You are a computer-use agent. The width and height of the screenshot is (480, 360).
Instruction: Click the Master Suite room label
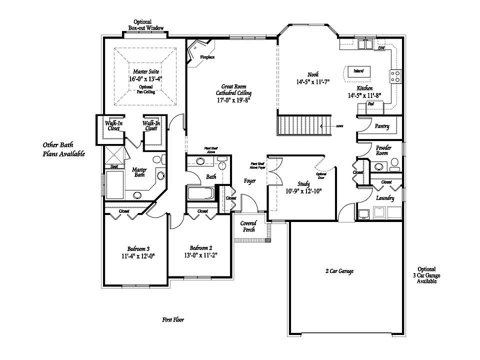click(x=144, y=71)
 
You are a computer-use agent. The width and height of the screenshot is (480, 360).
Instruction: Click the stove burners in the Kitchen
click(x=395, y=76)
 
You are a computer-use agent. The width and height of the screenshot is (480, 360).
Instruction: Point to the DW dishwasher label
click(x=381, y=48)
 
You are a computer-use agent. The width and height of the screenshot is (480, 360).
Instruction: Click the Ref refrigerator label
click(x=371, y=104)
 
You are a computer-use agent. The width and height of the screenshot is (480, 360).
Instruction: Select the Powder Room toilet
click(x=394, y=162)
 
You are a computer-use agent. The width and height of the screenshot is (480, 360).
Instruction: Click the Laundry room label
click(x=385, y=198)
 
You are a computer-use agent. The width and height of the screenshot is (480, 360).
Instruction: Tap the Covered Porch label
click(x=248, y=226)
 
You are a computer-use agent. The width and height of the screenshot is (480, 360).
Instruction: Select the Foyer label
click(x=250, y=180)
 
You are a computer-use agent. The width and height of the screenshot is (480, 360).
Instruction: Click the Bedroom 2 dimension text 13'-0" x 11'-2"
click(x=200, y=254)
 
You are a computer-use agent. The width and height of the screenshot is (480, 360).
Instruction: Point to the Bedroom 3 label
click(x=138, y=248)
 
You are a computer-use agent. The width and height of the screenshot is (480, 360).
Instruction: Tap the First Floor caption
click(x=172, y=319)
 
